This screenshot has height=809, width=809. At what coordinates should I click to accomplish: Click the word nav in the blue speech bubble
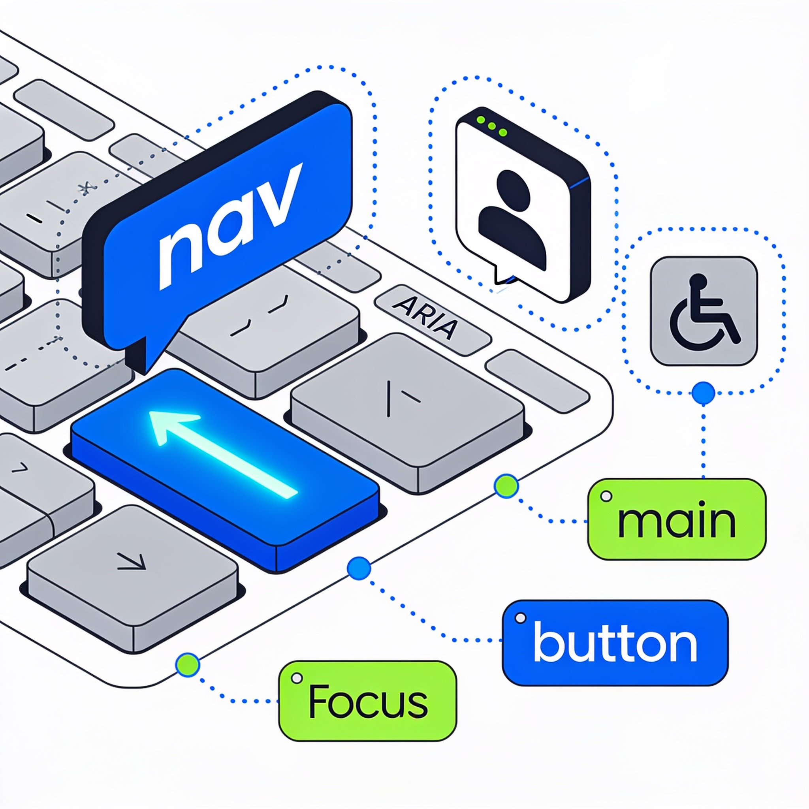coord(230,226)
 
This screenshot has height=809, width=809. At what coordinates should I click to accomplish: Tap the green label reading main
coord(677,519)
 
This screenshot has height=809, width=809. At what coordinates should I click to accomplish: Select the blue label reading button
coord(615,643)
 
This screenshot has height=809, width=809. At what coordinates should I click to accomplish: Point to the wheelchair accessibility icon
coord(704,311)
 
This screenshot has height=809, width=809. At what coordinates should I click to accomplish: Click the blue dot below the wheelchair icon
coord(704,393)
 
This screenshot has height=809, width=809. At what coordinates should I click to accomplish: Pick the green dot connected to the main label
coord(506,486)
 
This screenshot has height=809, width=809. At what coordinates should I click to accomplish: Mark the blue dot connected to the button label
coord(359,568)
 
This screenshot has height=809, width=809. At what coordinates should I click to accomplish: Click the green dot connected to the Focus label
coord(188,664)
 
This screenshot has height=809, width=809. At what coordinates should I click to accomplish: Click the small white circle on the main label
coord(606,497)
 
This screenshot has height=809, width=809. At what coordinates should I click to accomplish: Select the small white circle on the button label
coord(521,618)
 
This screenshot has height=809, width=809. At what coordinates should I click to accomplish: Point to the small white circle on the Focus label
coord(297,678)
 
